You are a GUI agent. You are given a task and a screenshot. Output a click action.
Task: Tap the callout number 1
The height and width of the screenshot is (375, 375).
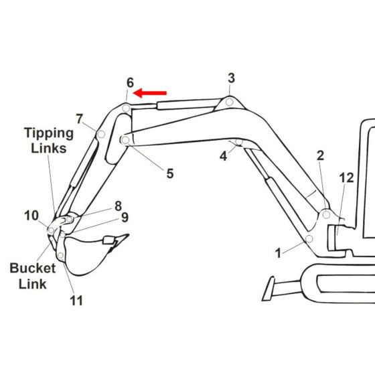[279, 254]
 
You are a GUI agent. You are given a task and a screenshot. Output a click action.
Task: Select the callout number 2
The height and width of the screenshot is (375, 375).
[320, 155]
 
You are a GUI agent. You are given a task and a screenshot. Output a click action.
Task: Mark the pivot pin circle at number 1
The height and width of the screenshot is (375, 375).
[309, 239]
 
